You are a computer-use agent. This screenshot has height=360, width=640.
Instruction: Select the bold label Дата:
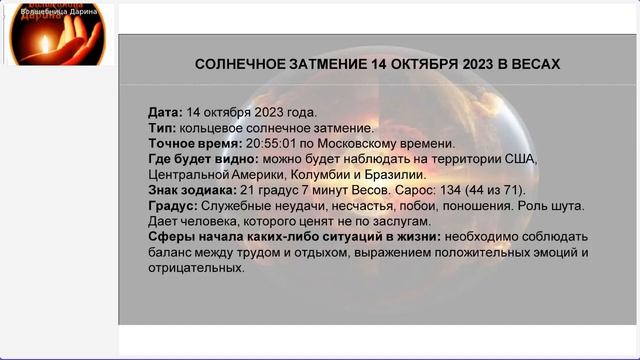[165, 113]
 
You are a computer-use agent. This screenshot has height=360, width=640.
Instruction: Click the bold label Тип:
[162, 128]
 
